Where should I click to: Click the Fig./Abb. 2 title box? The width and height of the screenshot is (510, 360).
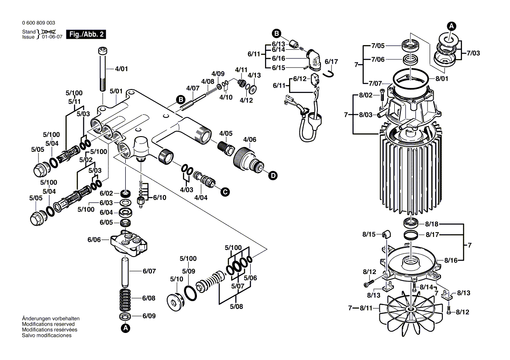86,34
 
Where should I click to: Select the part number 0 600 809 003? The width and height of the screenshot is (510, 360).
38,23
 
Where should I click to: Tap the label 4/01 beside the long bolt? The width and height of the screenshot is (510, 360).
121,69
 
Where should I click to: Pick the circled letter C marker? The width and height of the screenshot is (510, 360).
225,191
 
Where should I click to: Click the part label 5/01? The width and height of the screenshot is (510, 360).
116,91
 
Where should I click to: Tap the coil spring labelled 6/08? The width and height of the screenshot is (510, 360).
125,299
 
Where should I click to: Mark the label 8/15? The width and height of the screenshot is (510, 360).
369,235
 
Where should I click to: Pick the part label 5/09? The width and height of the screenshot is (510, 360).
189,271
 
